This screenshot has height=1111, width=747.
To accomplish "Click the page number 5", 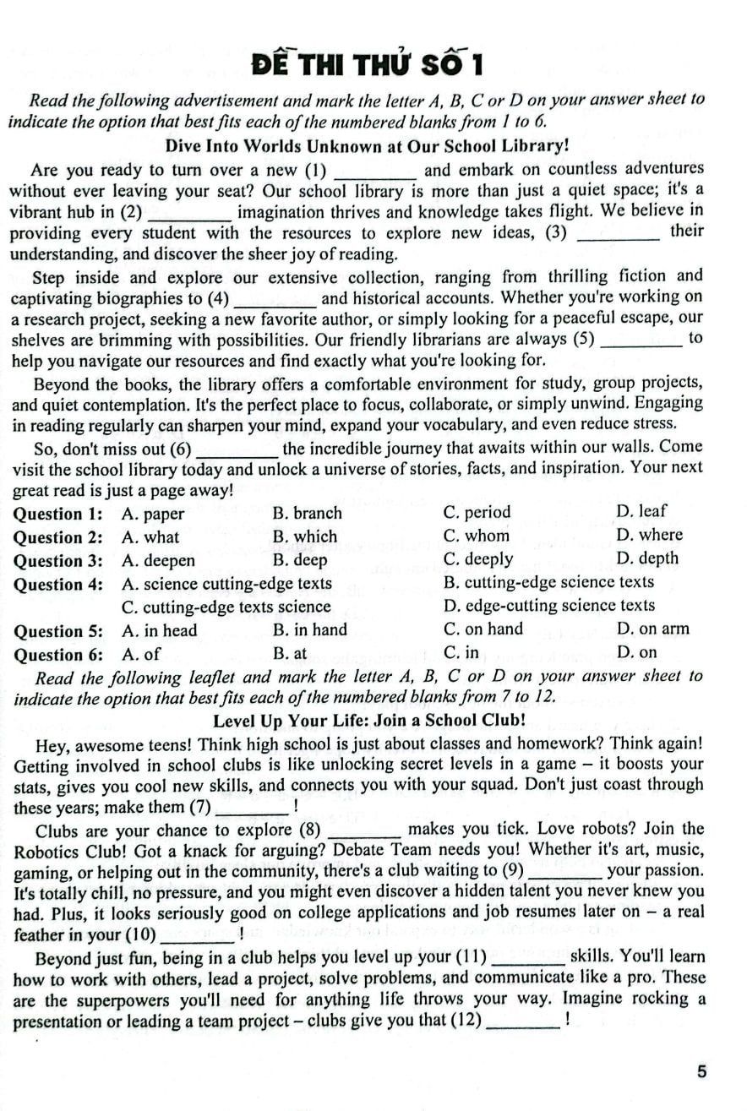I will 701,1073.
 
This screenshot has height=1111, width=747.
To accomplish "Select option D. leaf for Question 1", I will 641,511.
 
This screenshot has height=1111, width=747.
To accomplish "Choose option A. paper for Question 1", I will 153,514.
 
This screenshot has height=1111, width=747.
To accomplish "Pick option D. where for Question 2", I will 649,535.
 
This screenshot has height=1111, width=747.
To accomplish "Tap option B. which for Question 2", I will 304,536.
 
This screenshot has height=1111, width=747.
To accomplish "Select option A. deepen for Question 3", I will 158,561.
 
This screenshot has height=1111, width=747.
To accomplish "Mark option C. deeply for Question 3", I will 477,559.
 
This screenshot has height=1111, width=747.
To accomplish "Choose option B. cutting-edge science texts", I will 548,582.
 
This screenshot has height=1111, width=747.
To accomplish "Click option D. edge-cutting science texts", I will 548,606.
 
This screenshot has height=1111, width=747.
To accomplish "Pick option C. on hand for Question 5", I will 483,629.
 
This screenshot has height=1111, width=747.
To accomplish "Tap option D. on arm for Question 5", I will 653,629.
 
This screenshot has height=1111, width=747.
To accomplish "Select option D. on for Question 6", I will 637,652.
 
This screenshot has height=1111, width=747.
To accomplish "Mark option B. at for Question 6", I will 290,653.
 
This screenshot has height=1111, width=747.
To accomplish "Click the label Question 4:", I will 58,584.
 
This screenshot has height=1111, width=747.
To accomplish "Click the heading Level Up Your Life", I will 369,721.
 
